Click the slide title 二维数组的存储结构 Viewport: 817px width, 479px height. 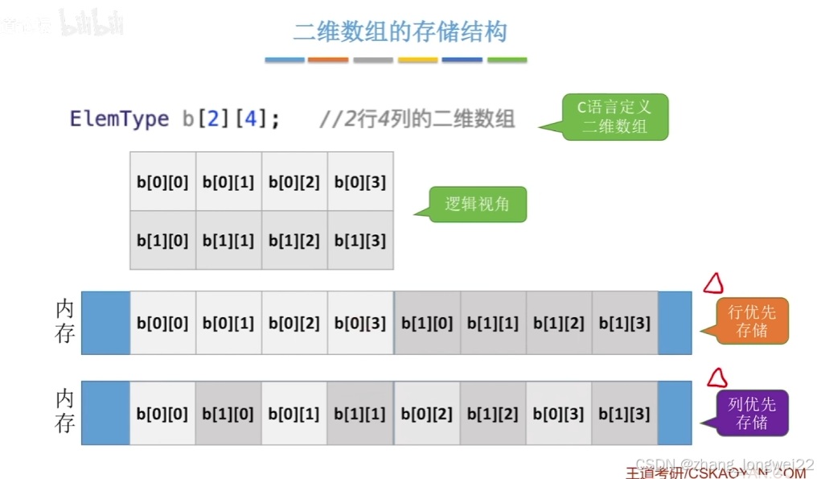pos(400,32)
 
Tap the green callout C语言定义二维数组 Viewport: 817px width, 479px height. pos(616,117)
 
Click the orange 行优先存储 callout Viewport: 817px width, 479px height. pos(752,320)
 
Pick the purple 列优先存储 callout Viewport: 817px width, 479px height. pos(752,413)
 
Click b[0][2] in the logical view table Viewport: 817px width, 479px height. pos(294,182)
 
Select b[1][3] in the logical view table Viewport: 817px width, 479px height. pos(360,240)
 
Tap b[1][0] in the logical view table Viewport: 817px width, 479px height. pos(162,240)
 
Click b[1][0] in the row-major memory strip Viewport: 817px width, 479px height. pos(427,324)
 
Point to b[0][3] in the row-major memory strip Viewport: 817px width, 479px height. pos(360,324)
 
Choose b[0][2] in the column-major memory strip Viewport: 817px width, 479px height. pos(427,414)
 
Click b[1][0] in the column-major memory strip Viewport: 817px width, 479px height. pos(228,414)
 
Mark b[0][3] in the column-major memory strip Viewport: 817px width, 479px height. pos(559,414)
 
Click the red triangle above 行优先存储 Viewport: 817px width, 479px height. pos(712,283)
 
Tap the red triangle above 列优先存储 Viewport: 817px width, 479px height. pos(716,378)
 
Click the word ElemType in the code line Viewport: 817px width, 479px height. pos(119,119)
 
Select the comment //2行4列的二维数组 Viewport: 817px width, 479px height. pos(417,119)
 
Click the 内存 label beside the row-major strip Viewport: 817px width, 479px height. pos(65,321)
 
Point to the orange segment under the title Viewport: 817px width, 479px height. pos(328,60)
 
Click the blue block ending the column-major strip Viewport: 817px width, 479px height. pos(675,413)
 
